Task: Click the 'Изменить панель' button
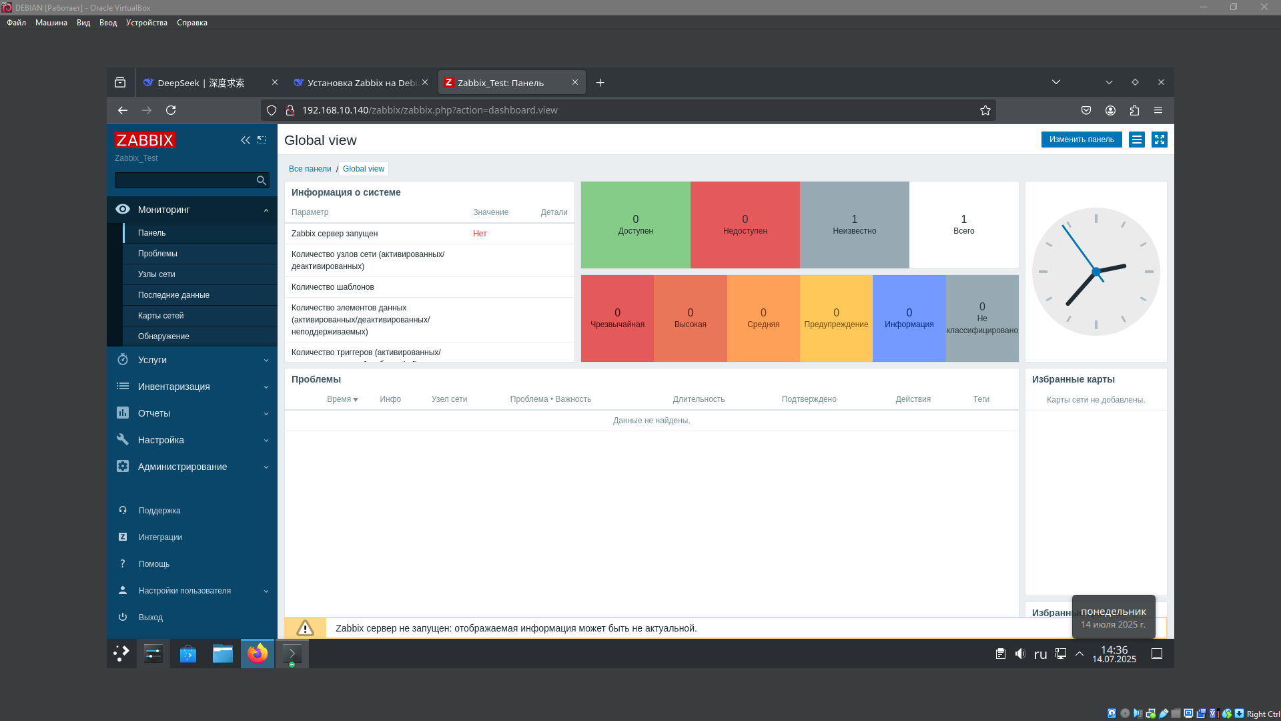pyautogui.click(x=1081, y=140)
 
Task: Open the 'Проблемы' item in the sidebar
pyautogui.click(x=157, y=254)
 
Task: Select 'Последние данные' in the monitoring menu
pyautogui.click(x=173, y=295)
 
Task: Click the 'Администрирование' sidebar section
pyautogui.click(x=182, y=467)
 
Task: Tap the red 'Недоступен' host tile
pyautogui.click(x=745, y=225)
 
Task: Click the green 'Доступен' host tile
pyautogui.click(x=635, y=225)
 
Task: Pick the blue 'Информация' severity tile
pyautogui.click(x=909, y=318)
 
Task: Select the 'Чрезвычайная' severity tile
pyautogui.click(x=617, y=318)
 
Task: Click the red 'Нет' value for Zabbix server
pyautogui.click(x=480, y=234)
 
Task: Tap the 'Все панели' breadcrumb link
pyautogui.click(x=310, y=169)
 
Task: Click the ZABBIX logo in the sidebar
pyautogui.click(x=145, y=140)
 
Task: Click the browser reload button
pyautogui.click(x=171, y=110)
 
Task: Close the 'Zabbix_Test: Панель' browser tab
pyautogui.click(x=575, y=83)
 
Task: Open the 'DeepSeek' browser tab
pyautogui.click(x=200, y=83)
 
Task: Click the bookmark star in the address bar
pyautogui.click(x=985, y=110)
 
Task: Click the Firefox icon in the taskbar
pyautogui.click(x=258, y=654)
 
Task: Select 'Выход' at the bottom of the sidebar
pyautogui.click(x=151, y=618)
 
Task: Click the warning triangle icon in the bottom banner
pyautogui.click(x=305, y=628)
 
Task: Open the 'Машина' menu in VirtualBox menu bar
pyautogui.click(x=51, y=23)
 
